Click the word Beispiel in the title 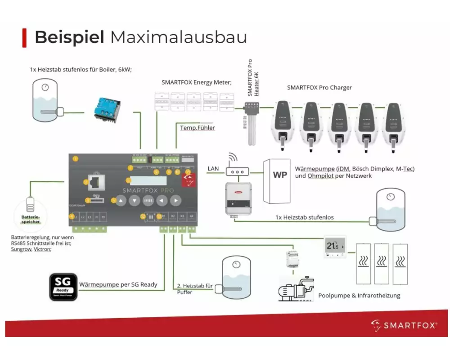coord(69,37)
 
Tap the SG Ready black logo coord(63,287)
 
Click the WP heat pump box coord(279,175)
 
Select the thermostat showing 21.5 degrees coord(335,246)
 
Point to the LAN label coord(213,169)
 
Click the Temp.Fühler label coord(198,128)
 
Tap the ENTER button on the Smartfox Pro coord(148,201)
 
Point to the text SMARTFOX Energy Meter coord(196,82)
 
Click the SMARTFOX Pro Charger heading coord(319,87)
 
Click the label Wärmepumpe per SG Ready coord(118,284)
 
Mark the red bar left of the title coord(24,37)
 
